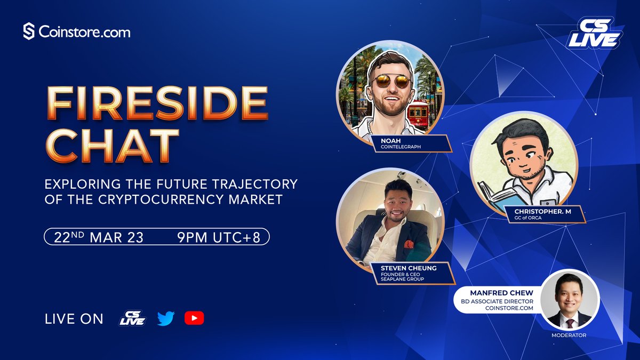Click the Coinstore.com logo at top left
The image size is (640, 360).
pos(77,31)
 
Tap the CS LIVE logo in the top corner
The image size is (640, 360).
pos(594,33)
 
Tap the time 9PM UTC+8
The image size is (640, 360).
pos(219,237)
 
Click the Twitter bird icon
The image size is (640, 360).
pos(166,318)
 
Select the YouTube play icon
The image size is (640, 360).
pos(194,318)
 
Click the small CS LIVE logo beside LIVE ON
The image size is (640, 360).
pos(132,318)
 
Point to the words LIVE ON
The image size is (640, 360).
pos(74,319)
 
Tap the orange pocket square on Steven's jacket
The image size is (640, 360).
pos(409,244)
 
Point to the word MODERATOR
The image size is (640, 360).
pos(569,335)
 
